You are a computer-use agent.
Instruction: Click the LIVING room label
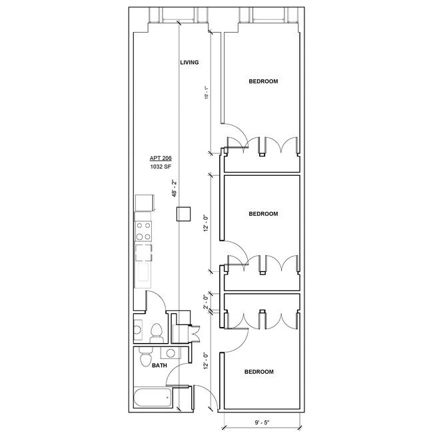(x=190, y=63)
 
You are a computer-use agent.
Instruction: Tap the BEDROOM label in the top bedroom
(x=263, y=81)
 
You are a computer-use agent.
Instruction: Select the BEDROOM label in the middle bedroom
(x=263, y=214)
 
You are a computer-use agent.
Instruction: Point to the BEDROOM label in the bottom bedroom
(x=258, y=372)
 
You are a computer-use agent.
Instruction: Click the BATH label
(x=159, y=366)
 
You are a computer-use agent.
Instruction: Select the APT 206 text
(x=161, y=159)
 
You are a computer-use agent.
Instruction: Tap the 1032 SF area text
(x=161, y=169)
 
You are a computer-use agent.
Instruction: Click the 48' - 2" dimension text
(x=175, y=189)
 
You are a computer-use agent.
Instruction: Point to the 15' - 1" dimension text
(x=207, y=93)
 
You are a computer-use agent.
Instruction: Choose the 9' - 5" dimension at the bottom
(x=261, y=422)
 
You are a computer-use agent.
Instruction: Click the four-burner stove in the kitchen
(x=143, y=231)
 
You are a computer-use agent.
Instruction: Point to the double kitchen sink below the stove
(x=143, y=253)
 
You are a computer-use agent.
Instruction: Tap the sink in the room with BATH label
(x=171, y=353)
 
